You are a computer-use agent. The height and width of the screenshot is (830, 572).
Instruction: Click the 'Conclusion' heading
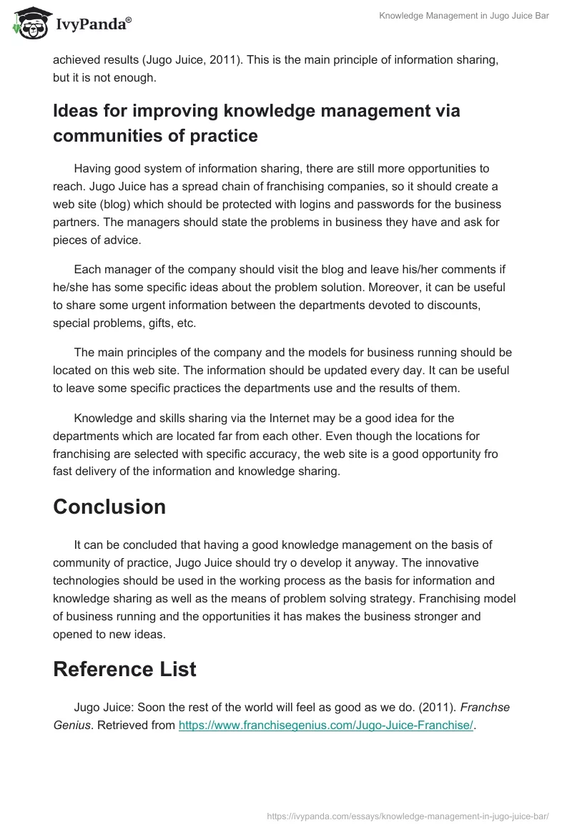109,507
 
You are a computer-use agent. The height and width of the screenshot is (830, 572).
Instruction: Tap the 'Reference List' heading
124,669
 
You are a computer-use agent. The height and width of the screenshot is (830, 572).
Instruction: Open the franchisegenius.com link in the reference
325,725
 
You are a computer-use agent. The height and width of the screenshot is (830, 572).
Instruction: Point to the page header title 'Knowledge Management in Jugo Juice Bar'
464,16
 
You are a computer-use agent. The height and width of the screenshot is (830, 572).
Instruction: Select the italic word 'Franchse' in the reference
485,707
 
